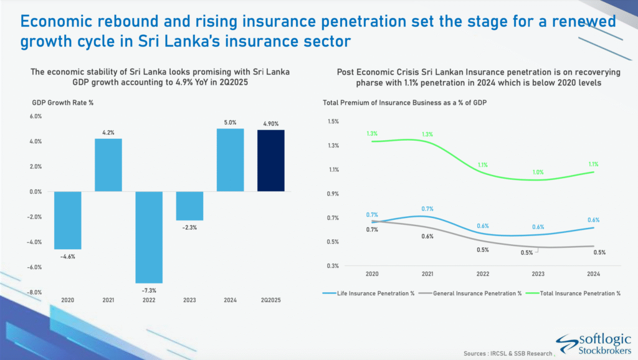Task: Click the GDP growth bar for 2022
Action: pos(149,237)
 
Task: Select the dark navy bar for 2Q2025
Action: pos(271,161)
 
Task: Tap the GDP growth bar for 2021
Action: pos(108,165)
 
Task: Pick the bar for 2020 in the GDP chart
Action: pos(67,220)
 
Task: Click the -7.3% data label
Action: pos(149,290)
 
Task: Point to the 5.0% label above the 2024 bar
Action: pos(231,123)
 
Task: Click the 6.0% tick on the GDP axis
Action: pos(36,116)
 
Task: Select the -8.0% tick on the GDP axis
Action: pos(35,292)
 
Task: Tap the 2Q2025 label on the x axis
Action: pos(271,300)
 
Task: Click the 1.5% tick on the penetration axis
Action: pos(333,121)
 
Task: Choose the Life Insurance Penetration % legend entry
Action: pos(369,293)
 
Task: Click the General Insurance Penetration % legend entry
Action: pos(470,293)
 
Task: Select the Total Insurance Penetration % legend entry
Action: pos(573,293)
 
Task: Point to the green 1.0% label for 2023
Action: pos(538,173)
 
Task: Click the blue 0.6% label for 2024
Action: pos(593,220)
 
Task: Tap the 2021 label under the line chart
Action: pos(427,274)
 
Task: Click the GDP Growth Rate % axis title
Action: pos(63,103)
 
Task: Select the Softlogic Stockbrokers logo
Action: pos(593,344)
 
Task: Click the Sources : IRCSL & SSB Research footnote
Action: pos(508,354)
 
